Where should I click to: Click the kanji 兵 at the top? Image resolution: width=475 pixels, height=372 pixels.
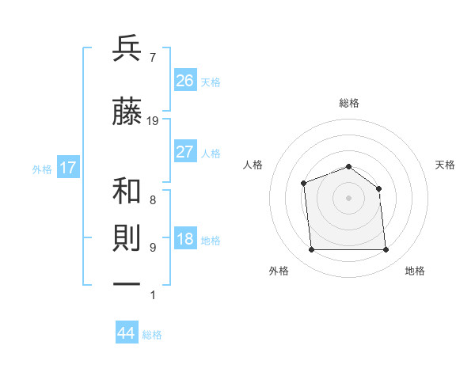click(127, 49)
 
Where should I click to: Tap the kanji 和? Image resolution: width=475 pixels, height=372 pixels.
click(127, 192)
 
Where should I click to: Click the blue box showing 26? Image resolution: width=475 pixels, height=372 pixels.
click(185, 80)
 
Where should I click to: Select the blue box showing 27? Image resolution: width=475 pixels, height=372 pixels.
click(185, 152)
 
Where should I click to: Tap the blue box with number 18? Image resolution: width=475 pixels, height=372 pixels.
click(185, 240)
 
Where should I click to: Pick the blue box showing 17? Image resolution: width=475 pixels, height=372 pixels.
click(67, 168)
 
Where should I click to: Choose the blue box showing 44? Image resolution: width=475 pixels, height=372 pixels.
click(127, 333)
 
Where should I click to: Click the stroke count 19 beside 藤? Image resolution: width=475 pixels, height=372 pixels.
click(153, 121)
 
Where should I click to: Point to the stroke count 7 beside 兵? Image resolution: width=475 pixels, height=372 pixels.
click(152, 57)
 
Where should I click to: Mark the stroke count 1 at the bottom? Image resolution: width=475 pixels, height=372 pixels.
click(152, 295)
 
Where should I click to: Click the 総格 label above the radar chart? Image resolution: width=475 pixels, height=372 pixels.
click(348, 103)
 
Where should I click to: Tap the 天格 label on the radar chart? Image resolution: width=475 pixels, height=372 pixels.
click(446, 165)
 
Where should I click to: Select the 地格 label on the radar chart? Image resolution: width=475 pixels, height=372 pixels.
click(415, 271)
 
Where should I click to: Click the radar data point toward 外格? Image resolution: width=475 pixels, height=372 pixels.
click(311, 250)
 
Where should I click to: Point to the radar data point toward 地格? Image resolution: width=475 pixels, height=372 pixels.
click(386, 250)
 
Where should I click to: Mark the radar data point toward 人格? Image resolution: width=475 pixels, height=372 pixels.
click(303, 184)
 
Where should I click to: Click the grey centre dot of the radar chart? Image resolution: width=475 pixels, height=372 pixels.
click(348, 198)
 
